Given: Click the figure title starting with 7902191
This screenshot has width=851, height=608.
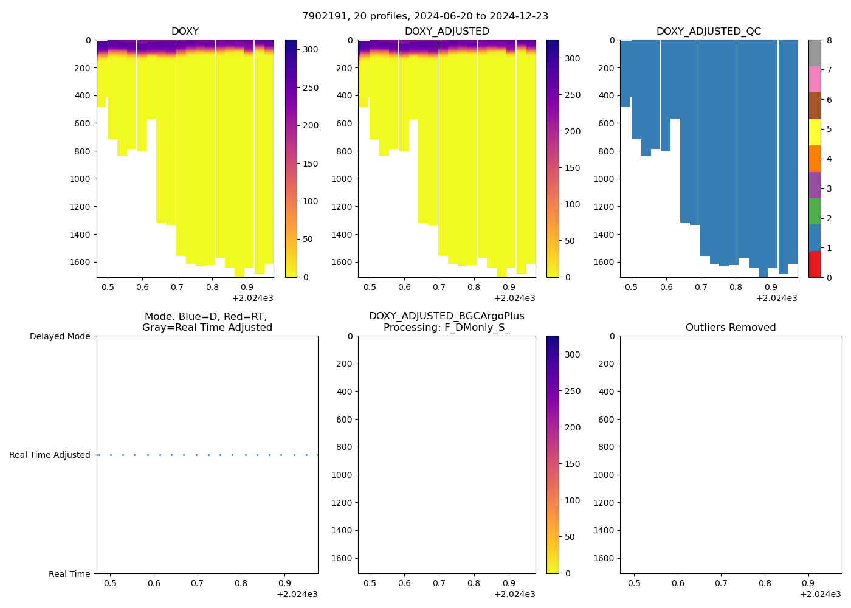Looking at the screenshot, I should tap(425, 16).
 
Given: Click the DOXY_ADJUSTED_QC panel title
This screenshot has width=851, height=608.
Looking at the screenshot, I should tap(708, 32).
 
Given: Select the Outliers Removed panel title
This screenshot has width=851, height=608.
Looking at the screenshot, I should tap(731, 328).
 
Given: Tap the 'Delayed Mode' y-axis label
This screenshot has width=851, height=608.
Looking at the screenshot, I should tap(60, 337).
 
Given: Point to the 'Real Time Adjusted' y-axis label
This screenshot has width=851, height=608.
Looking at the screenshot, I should tap(50, 455).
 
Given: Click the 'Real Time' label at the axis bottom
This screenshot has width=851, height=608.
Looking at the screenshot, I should tap(69, 574).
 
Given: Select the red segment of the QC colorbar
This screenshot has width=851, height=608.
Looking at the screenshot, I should tap(815, 264).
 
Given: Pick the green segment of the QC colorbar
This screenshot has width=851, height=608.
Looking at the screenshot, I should tap(815, 212).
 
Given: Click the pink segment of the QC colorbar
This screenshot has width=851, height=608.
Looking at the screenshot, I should tap(815, 80).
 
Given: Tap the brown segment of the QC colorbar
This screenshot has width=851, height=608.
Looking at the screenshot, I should tap(815, 106).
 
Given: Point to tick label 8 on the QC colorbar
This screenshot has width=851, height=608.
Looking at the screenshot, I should tap(830, 41).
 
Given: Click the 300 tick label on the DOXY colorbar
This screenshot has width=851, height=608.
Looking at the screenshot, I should tap(311, 50).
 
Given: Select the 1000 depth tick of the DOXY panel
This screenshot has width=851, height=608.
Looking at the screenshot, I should tap(80, 179).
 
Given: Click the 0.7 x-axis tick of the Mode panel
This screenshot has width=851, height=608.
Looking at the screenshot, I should tap(197, 584).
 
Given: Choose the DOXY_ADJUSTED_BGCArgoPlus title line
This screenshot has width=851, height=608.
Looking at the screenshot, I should tap(446, 316).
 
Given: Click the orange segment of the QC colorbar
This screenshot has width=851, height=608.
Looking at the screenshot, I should tap(815, 159).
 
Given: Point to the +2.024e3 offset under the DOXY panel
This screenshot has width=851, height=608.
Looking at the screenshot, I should tap(252, 298).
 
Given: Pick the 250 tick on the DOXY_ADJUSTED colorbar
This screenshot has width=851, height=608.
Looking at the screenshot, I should tap(573, 95).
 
